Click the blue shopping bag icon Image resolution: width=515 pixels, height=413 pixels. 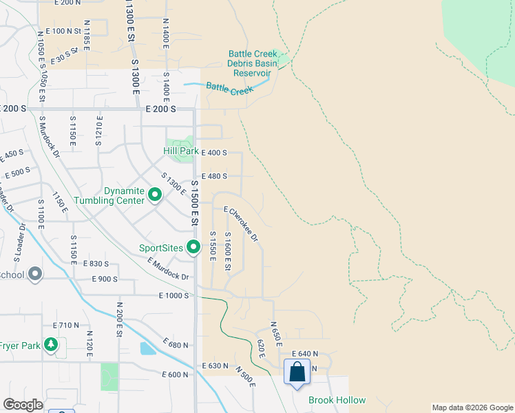coord(297,372)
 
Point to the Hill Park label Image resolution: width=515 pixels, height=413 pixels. coord(180,151)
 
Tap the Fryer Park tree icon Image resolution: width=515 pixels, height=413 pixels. coord(50,343)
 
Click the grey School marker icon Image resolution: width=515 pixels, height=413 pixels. coord(36,275)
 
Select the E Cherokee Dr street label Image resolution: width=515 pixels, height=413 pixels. coord(241,225)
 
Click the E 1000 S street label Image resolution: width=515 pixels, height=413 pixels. coord(174,295)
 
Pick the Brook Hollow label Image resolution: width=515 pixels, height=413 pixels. coord(337,400)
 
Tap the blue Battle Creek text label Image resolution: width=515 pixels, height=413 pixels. coord(230,89)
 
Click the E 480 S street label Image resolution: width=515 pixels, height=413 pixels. coord(214,176)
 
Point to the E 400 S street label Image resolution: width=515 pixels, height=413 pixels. coord(214,152)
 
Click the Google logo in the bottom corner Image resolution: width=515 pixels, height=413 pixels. coord(22,405)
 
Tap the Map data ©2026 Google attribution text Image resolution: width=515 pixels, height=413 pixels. coord(472,407)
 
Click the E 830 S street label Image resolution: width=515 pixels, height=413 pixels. coord(96,264)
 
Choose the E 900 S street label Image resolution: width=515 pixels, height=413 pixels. coord(105,279)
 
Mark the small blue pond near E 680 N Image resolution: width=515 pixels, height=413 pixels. coord(147,348)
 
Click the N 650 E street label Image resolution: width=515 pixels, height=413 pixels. coord(276,333)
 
